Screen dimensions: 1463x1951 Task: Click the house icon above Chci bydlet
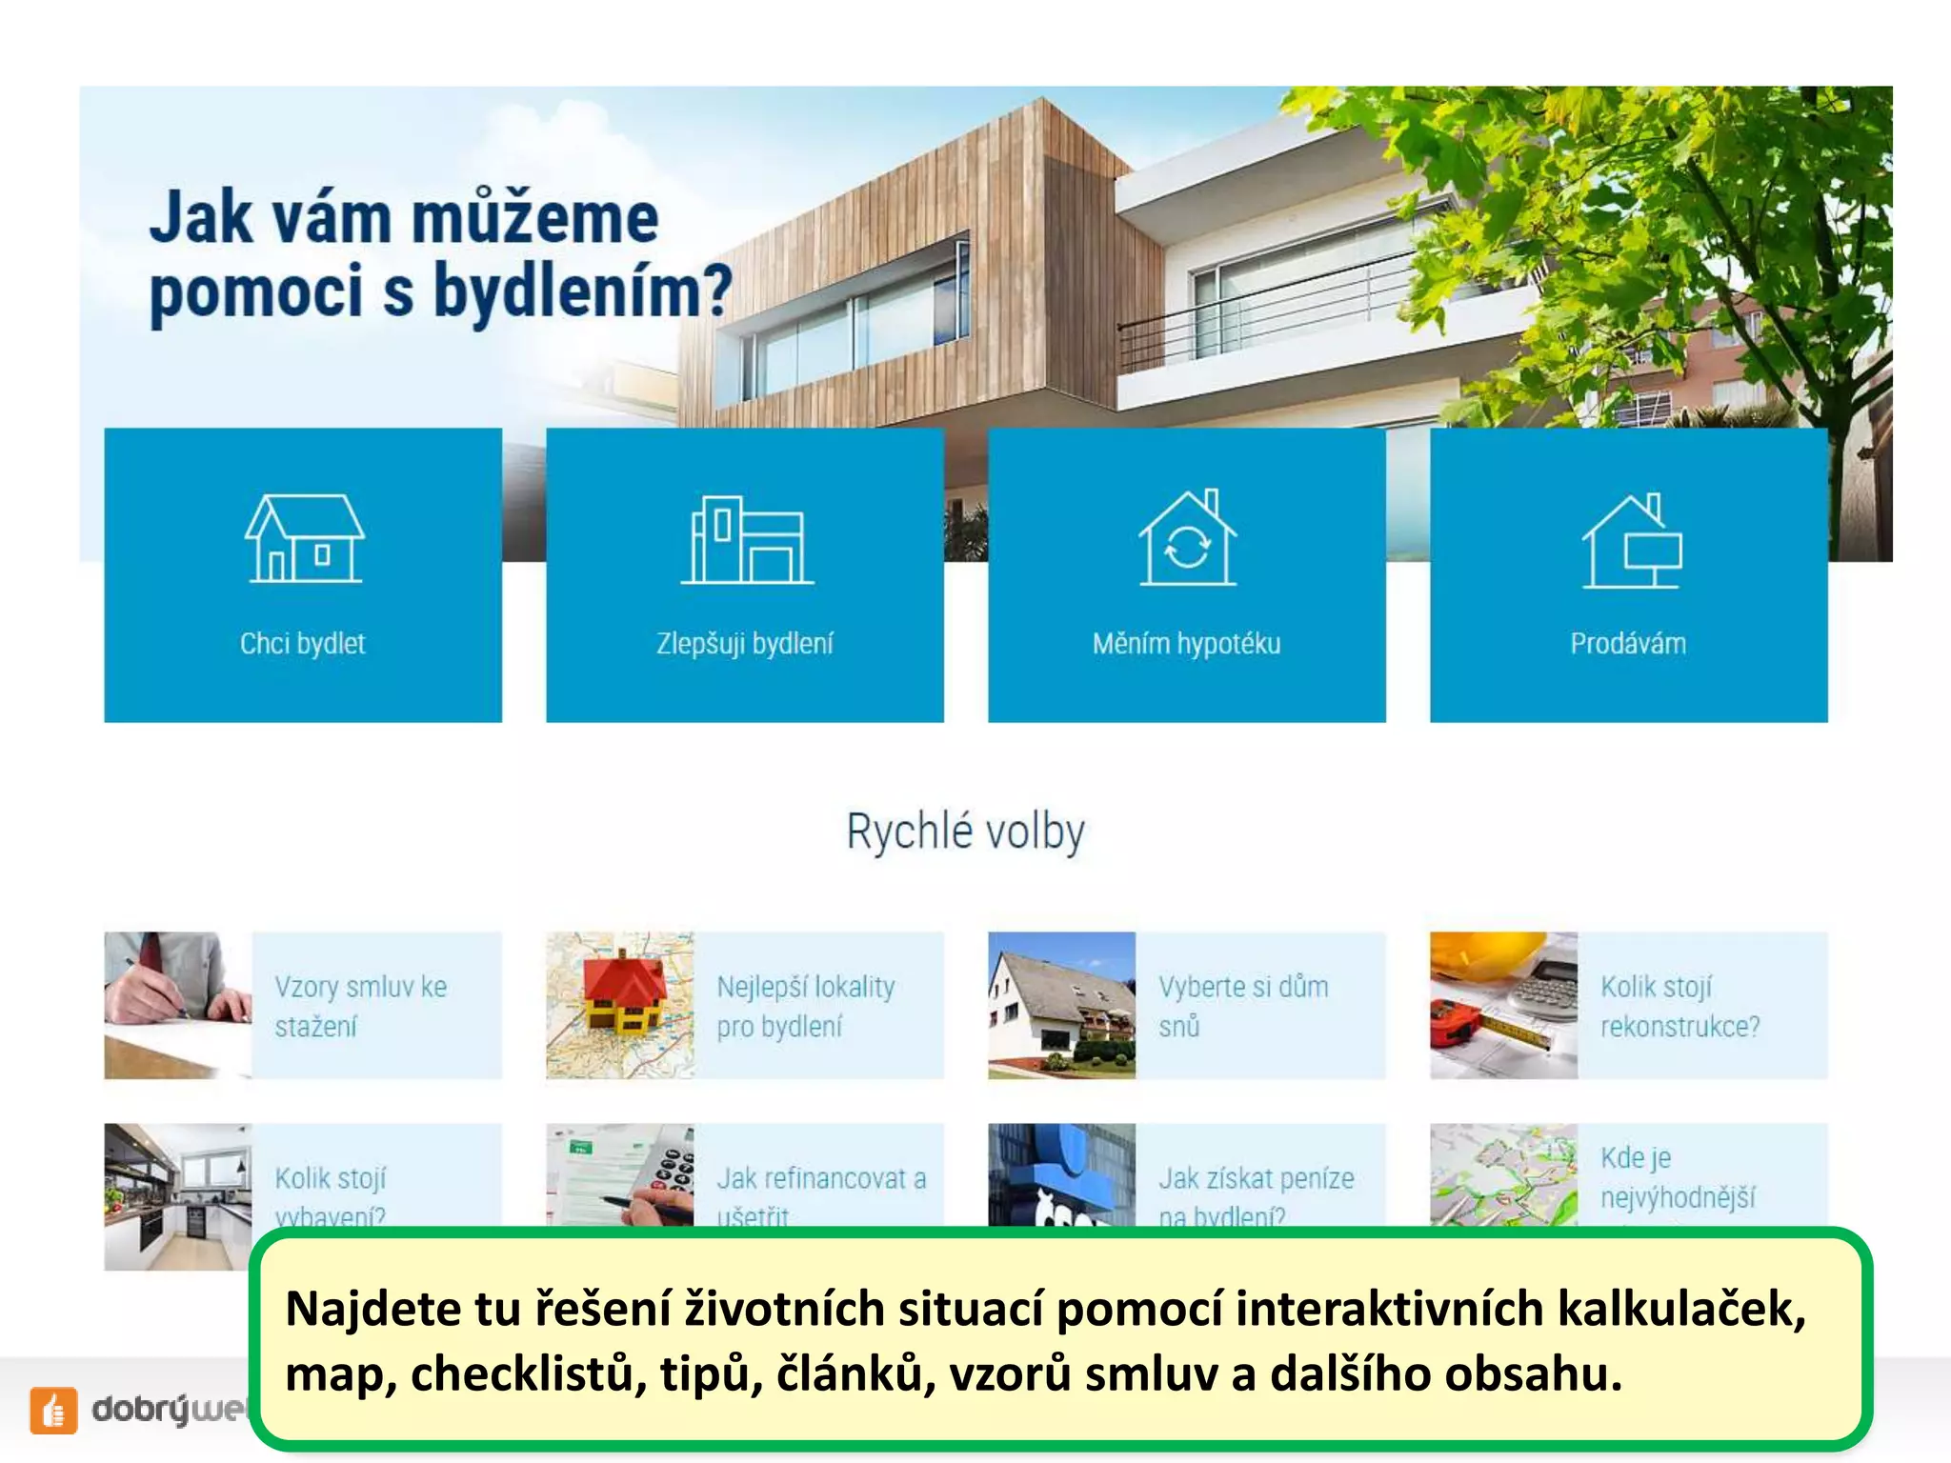pos(304,538)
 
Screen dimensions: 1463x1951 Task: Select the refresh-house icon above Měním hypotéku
pos(1187,538)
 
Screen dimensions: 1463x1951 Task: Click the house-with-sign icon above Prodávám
pos(1631,541)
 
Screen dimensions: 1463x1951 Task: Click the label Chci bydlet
pos(303,644)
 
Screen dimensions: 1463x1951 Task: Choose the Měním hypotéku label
pos(1186,644)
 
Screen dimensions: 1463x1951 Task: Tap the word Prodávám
pos(1628,644)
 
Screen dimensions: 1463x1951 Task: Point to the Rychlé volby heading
pos(966,832)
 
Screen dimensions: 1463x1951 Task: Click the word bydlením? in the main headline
pos(583,291)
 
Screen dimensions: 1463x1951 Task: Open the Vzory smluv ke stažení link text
pos(360,1006)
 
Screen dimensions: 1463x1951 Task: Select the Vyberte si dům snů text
pos(1242,1006)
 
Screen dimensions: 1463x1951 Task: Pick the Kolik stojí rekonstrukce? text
pos(1679,1006)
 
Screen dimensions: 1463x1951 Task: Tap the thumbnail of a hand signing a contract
pos(178,1005)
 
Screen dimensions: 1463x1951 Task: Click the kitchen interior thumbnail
pos(178,1196)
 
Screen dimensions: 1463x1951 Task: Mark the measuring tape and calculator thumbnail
pos(1503,1005)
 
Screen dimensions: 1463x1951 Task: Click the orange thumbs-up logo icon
pos(53,1410)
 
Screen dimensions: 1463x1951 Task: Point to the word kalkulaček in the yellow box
pos(1680,1309)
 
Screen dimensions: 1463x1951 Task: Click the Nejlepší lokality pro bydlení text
pos(805,1006)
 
